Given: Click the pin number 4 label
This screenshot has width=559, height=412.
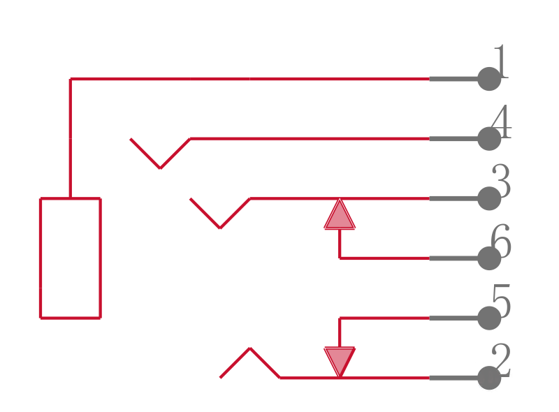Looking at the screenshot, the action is coord(501,122).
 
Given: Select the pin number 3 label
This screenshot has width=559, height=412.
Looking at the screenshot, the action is coord(501,181).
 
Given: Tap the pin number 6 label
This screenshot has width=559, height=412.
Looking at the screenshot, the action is coord(501,241).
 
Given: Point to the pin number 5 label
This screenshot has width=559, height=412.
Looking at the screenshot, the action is coord(501,301).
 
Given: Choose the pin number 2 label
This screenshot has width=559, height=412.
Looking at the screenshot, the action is coord(501,360).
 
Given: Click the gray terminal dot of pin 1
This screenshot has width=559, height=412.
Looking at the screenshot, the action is coord(489,79).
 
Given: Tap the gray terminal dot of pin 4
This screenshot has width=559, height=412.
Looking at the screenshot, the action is coord(489,139).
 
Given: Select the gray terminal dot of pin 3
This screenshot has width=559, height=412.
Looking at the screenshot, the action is coord(489,198).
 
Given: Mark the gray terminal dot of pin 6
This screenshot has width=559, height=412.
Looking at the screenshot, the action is coord(489,258).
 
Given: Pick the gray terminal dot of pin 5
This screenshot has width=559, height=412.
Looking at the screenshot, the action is coord(489,318).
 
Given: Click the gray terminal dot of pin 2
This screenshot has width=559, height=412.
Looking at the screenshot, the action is coord(489,378).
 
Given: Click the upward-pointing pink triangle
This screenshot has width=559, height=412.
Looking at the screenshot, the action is coord(340,216).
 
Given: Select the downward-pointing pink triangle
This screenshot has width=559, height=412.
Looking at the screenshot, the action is coord(340,359).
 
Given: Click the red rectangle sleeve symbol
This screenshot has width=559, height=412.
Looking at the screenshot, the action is coord(41,258).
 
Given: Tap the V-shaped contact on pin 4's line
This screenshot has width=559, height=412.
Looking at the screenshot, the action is coord(160,168).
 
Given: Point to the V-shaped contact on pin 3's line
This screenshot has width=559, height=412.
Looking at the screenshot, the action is coord(220,228).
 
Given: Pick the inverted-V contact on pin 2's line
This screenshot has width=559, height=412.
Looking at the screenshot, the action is coord(250,348).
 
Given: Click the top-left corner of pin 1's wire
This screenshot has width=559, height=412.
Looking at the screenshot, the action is coord(71,79).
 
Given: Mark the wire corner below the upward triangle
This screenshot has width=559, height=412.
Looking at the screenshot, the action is coord(340,258).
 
